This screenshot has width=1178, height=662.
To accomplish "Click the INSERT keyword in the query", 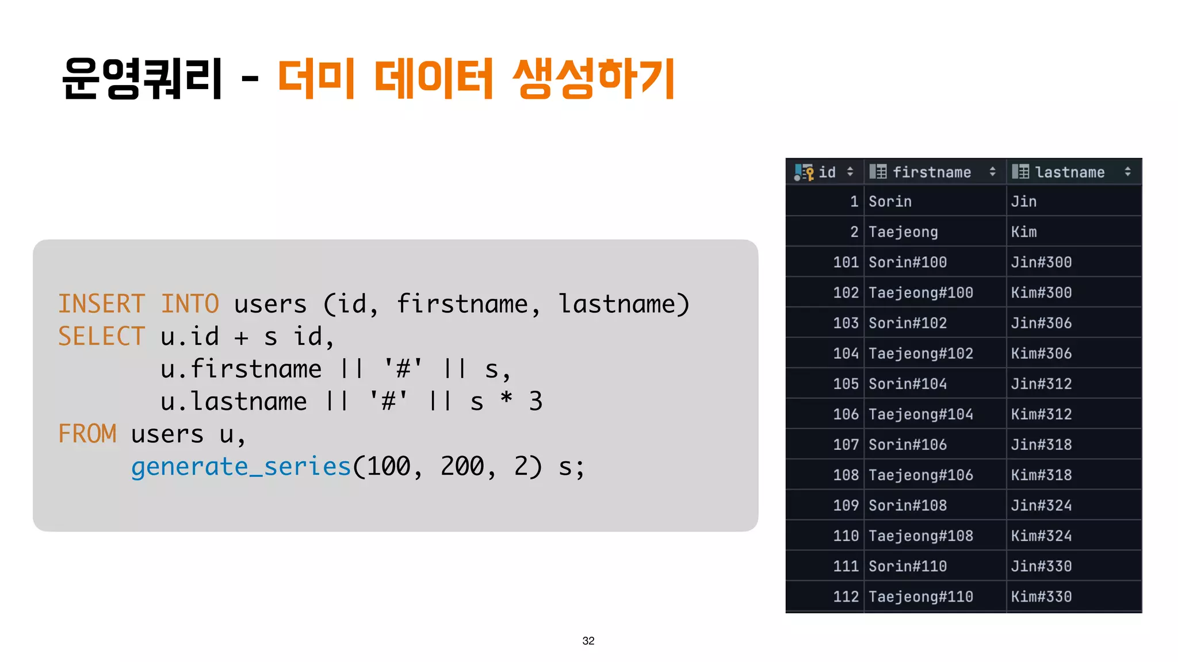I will pos(101,304).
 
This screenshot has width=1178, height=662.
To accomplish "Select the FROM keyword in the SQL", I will pos(87,434).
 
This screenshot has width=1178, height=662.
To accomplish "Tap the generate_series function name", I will pos(240,467).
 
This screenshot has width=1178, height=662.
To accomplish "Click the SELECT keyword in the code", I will pos(101,337).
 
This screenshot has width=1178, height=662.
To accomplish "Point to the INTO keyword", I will pos(190,304).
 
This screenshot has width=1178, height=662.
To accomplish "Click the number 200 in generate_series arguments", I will pos(462,467).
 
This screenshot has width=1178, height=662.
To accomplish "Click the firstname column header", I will pos(931,172).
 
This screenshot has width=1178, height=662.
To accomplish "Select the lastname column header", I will pos(1069,172).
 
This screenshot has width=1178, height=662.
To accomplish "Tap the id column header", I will pos(827,172).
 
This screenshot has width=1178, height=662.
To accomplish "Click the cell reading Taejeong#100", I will pos(920,292).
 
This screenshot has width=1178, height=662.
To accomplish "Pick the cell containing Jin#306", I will pos(1041,323).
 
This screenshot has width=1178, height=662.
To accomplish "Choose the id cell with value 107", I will pos(846,444).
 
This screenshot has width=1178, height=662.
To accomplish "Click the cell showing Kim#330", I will pos(1041,596).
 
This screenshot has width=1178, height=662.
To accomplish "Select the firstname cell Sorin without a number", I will pos(890,201).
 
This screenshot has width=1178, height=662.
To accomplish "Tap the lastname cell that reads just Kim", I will pos(1024,232).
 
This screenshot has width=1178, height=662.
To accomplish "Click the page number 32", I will pos(588,641).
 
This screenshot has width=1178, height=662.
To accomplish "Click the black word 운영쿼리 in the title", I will pos(141,79).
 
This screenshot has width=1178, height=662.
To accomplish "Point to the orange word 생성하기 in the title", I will pos(594,79).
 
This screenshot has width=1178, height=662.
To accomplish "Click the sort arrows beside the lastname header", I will pos(1127,172).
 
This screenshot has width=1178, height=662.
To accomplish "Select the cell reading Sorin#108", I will pos(907,505).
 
